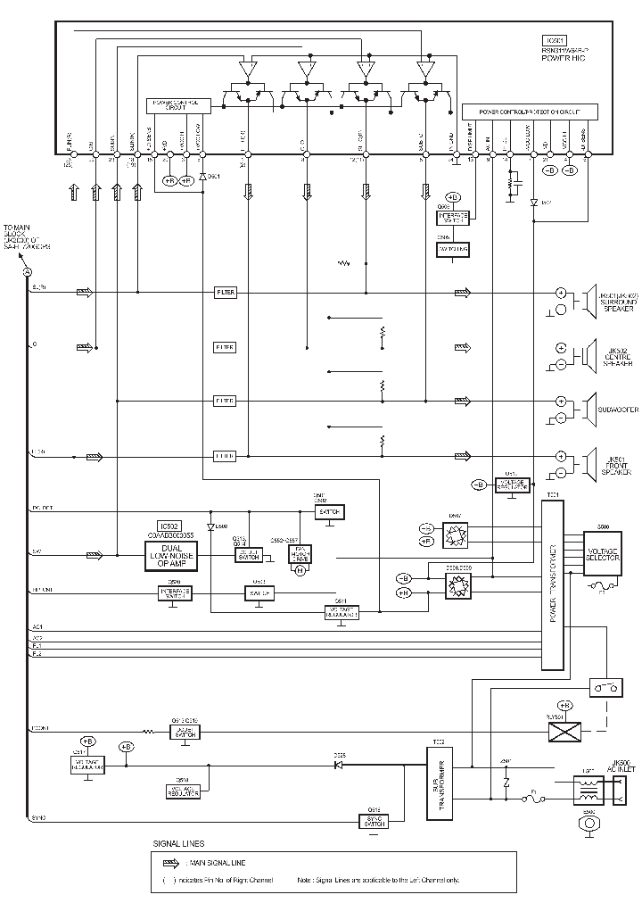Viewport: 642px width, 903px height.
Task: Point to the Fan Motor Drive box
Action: click(x=300, y=554)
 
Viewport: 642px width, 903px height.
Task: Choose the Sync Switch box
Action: click(x=374, y=821)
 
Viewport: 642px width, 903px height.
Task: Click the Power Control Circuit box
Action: click(x=178, y=105)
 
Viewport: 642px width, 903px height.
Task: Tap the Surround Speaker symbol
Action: click(x=589, y=302)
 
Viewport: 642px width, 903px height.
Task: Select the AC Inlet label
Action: click(x=621, y=766)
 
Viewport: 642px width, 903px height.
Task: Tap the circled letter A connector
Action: click(x=27, y=271)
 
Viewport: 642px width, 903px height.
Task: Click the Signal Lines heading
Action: click(x=178, y=843)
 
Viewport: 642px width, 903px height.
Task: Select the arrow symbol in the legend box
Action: click(x=171, y=863)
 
